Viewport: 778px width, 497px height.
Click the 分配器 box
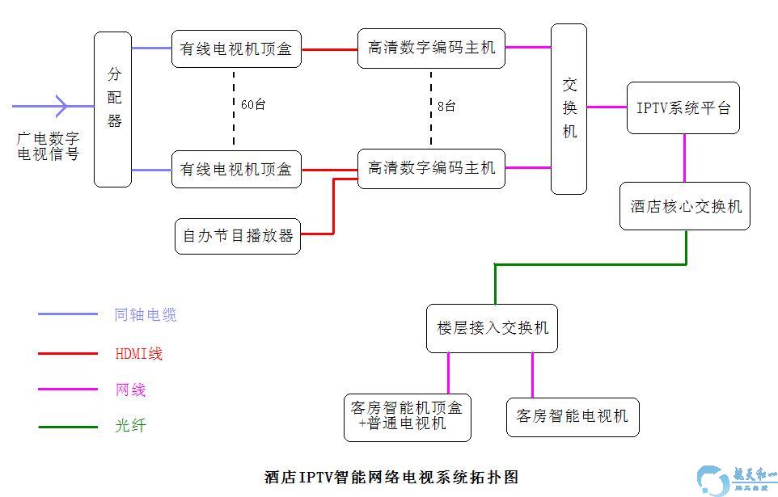pos(113,109)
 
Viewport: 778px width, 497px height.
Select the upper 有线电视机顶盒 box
pos(236,48)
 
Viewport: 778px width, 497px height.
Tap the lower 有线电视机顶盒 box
pos(236,169)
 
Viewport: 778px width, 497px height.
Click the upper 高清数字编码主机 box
pos(432,48)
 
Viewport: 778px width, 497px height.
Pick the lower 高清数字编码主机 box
pos(432,168)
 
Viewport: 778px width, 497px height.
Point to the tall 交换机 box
pos(569,109)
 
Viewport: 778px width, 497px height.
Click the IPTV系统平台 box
pos(683,107)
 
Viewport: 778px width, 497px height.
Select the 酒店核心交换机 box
pos(685,206)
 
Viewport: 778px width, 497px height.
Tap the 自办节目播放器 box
pos(238,236)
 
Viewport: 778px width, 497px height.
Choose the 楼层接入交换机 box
pos(492,327)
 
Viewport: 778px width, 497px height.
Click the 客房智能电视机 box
pos(573,417)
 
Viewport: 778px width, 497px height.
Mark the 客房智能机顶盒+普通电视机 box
pos(408,417)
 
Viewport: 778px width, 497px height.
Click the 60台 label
pos(254,104)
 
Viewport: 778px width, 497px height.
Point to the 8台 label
pos(446,106)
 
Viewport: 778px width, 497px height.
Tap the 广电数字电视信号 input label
pos(49,146)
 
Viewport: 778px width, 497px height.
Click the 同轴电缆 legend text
pos(146,315)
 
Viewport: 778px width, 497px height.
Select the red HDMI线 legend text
pos(139,353)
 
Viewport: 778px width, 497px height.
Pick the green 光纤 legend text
pos(131,426)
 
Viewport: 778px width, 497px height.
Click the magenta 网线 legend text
pos(131,390)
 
